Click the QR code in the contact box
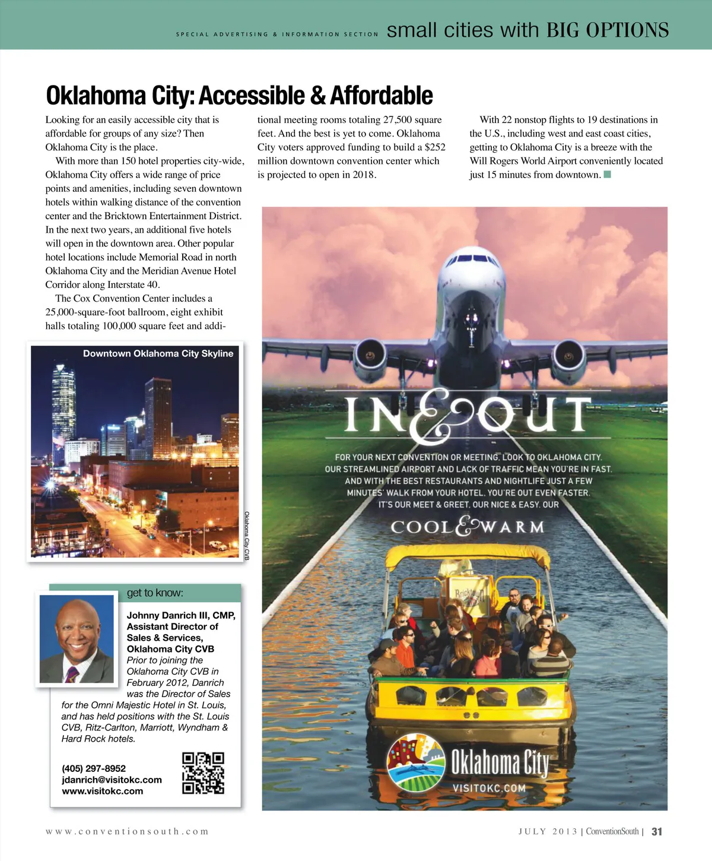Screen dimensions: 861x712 (x=203, y=773)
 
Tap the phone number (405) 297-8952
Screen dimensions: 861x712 (x=94, y=768)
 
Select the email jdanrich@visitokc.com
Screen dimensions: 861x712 (x=112, y=780)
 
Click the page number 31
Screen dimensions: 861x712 (x=657, y=831)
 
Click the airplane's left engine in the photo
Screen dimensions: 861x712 (x=370, y=356)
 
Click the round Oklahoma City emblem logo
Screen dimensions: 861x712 (x=416, y=762)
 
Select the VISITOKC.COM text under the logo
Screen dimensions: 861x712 (x=489, y=788)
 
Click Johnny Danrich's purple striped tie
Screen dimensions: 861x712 (x=72, y=675)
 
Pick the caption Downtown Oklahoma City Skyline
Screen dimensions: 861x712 (x=158, y=353)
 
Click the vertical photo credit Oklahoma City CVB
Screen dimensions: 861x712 (x=247, y=536)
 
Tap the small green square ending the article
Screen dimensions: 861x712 (x=607, y=175)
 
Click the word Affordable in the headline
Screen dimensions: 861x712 (x=382, y=96)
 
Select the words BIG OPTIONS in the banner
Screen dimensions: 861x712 (x=608, y=30)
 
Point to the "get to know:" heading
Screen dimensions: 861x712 (x=155, y=593)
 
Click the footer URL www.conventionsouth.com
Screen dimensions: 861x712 (x=127, y=831)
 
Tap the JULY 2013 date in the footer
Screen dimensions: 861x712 (x=548, y=831)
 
